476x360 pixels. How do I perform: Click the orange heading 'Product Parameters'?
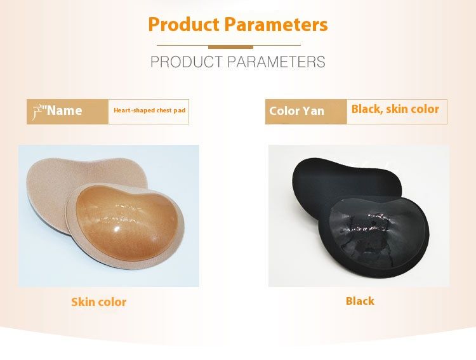[x=238, y=25]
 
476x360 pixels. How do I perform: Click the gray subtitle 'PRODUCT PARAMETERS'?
[x=238, y=62]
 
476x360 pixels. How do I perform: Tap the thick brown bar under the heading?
[x=230, y=46]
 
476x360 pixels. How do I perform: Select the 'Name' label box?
[x=67, y=111]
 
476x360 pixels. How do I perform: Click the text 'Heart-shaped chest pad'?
[x=149, y=110]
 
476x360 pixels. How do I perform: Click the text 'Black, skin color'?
[x=395, y=109]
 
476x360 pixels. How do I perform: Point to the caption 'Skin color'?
[x=99, y=302]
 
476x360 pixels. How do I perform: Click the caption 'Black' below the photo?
[x=360, y=301]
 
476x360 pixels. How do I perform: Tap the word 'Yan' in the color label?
[x=314, y=111]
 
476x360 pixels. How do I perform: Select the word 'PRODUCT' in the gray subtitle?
[x=186, y=62]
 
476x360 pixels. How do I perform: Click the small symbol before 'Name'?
[x=37, y=110]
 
